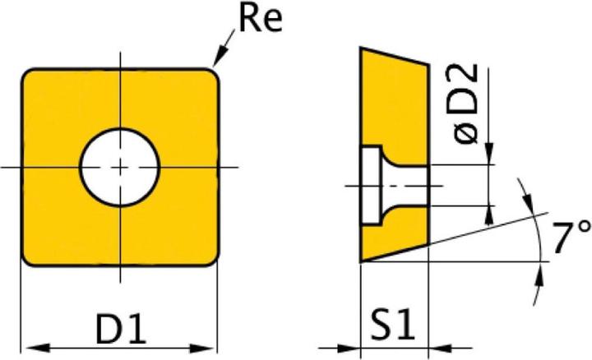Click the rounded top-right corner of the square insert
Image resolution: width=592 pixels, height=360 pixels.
[213, 75]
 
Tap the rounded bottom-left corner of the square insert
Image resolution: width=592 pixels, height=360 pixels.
[28, 259]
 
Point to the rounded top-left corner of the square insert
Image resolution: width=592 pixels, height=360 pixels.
[28, 75]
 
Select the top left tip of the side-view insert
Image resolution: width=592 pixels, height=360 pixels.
[361, 48]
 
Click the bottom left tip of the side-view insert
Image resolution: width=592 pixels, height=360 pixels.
[361, 261]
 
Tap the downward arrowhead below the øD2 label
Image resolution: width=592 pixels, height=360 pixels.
[490, 158]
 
